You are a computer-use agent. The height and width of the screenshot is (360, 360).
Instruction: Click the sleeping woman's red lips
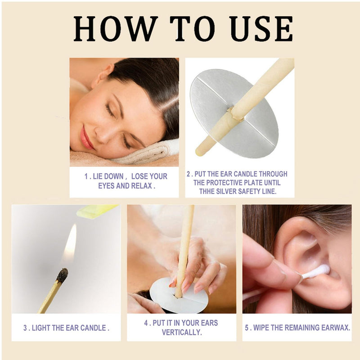86,138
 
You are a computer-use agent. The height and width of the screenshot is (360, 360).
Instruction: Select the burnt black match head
62,274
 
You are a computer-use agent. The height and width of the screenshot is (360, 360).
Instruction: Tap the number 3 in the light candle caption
26,328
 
